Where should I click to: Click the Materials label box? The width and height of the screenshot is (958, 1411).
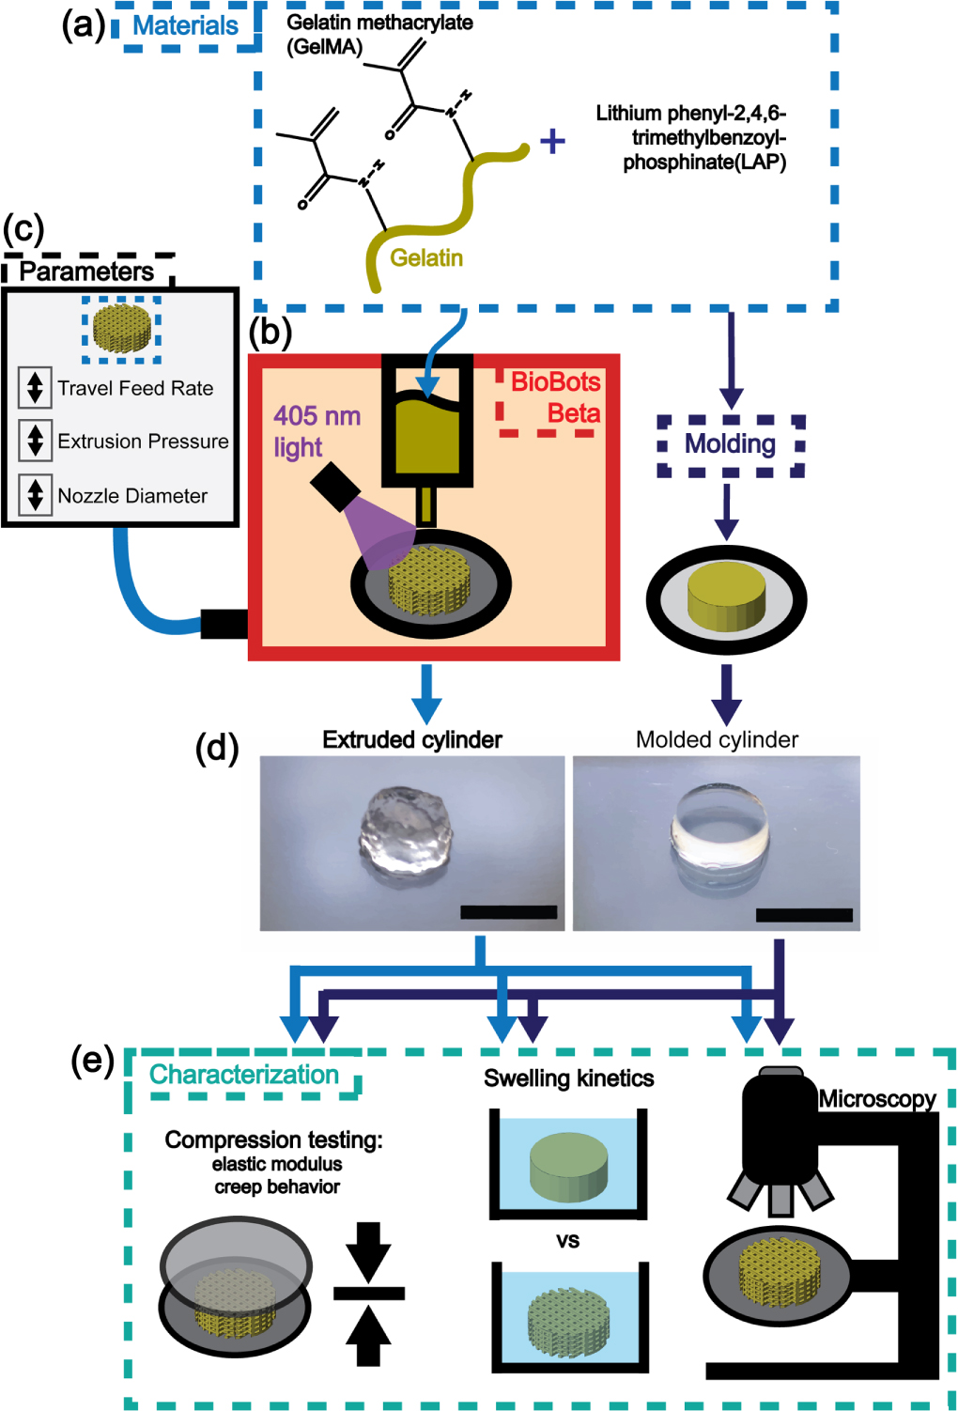coord(185,25)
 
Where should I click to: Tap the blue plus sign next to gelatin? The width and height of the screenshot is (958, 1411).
coord(552,141)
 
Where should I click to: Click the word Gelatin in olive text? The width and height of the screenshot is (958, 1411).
coord(426,257)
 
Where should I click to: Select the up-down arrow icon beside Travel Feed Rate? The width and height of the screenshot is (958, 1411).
coord(35,387)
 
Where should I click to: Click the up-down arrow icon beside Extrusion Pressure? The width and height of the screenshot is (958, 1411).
coord(35,440)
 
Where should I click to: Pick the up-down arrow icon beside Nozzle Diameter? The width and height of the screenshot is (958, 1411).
coord(35,494)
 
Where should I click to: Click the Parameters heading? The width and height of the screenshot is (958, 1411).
coord(86,271)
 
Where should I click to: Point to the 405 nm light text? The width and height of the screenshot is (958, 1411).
coord(317,431)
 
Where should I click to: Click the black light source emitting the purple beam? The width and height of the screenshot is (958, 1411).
coord(334,487)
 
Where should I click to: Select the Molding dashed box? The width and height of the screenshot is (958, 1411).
coord(730,444)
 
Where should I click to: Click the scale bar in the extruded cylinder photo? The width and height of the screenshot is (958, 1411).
coord(508,911)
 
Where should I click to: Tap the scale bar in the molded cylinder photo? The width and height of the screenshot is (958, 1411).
coord(804,914)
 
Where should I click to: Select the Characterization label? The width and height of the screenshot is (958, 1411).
coord(244,1075)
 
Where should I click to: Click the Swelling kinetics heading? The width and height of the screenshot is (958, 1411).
coord(568,1078)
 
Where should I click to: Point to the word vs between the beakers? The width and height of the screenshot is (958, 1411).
coord(567,1240)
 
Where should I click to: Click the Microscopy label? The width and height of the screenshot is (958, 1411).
coord(876,1098)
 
